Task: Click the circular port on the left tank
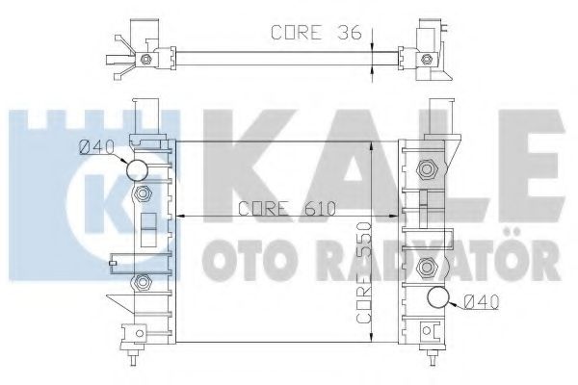138,170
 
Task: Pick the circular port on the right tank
439,297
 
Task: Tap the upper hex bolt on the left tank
144,195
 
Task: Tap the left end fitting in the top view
135,56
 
